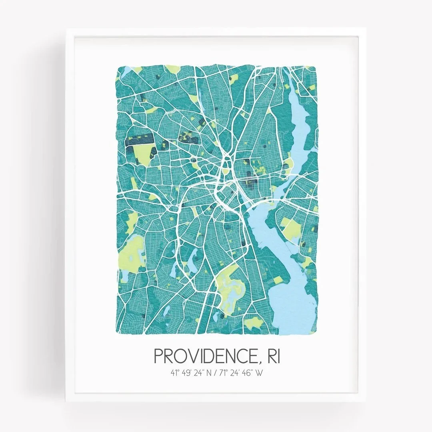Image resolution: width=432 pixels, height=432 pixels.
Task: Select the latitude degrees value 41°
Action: (x=174, y=373)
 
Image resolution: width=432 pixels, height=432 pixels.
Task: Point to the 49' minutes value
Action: (x=187, y=373)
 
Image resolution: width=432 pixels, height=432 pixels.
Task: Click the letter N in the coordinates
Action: (x=210, y=373)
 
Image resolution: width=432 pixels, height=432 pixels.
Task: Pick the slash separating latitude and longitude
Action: (x=218, y=373)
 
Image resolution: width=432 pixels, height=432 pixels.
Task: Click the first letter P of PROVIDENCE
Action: (x=158, y=356)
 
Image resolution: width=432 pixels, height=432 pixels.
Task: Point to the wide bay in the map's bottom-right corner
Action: (x=294, y=304)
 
